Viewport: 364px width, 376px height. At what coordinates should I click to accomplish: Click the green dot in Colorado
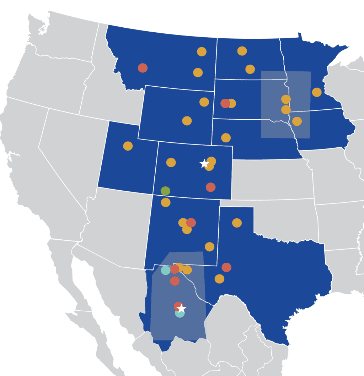(165, 191)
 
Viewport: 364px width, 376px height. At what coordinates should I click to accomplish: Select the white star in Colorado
(204, 164)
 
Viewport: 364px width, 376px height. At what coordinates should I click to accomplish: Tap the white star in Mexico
(182, 308)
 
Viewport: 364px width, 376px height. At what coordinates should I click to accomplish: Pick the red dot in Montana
(143, 68)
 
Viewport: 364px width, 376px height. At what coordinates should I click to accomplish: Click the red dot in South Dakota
(225, 103)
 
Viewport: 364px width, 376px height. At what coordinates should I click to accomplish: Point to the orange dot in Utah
(128, 146)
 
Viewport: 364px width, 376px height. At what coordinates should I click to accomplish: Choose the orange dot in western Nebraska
(226, 138)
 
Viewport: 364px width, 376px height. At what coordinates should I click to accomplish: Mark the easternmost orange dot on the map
(317, 92)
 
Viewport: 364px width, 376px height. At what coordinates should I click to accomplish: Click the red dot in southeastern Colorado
(210, 187)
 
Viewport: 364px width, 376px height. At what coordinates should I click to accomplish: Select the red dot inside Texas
(226, 267)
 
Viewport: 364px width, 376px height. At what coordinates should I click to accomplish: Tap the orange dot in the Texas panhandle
(237, 223)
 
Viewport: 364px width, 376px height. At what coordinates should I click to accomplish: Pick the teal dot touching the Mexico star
(180, 314)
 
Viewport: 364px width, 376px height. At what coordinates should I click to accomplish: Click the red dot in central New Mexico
(191, 223)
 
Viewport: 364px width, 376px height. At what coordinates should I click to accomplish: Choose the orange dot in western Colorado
(171, 163)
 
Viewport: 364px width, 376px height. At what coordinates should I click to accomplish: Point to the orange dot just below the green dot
(166, 203)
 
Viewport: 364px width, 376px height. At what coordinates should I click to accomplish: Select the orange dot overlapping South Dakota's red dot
(232, 103)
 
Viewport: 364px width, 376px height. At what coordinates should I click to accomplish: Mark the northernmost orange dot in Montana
(202, 51)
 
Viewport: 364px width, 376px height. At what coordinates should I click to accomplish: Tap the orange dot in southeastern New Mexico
(210, 247)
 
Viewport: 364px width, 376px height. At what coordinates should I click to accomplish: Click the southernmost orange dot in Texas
(219, 279)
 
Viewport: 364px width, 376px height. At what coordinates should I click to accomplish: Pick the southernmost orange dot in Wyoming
(187, 121)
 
